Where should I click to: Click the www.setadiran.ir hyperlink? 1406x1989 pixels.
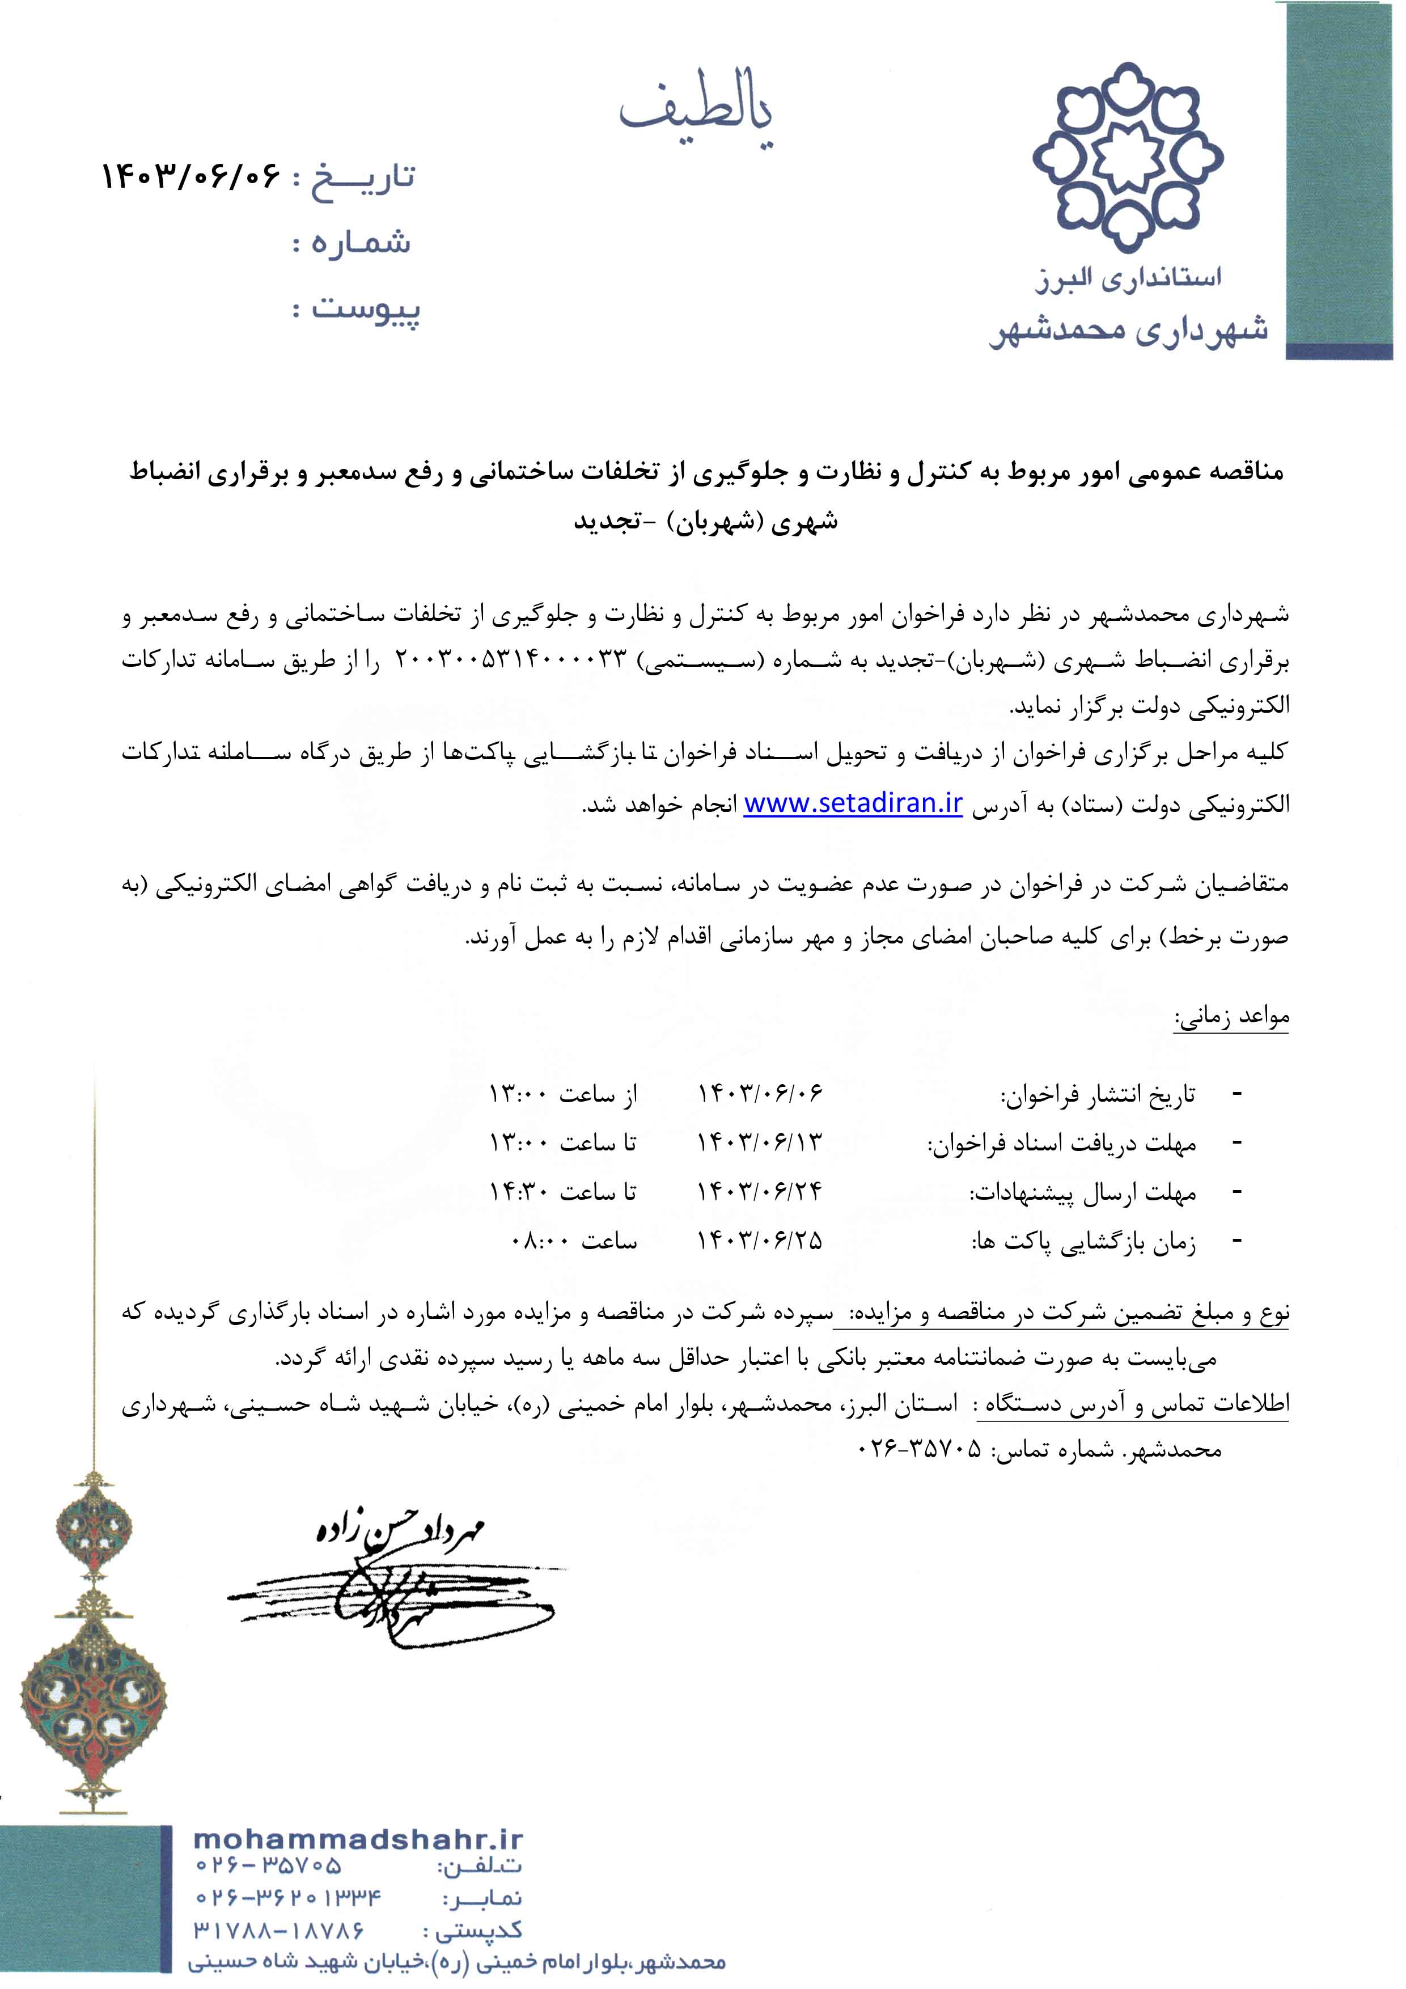click(853, 804)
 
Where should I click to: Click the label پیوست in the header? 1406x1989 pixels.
click(366, 309)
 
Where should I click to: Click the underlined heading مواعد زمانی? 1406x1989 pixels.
click(1231, 1017)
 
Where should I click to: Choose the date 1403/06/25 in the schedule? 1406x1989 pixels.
click(760, 1241)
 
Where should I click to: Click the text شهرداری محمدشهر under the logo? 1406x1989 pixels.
click(1129, 330)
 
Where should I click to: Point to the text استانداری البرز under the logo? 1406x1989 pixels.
click(1129, 279)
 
